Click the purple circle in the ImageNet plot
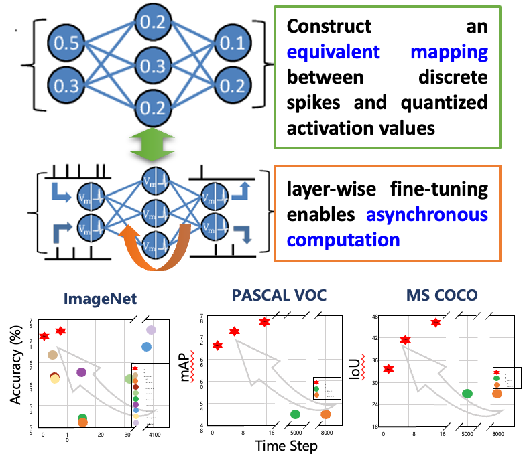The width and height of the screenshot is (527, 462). [x=82, y=372]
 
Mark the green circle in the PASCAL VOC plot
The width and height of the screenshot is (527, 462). [x=295, y=414]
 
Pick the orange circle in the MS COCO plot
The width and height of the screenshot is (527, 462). [x=497, y=394]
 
